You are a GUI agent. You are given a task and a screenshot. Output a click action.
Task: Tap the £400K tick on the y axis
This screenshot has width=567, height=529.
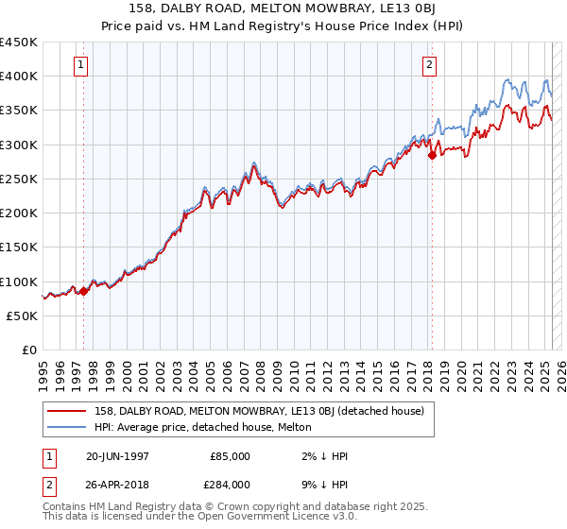tap(19, 76)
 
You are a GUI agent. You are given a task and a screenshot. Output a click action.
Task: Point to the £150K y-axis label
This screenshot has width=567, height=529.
tap(19, 247)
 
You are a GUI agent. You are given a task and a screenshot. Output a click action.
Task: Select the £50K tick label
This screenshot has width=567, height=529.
tap(23, 316)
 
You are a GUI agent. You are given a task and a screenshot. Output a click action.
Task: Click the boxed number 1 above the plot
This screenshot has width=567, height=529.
tap(81, 65)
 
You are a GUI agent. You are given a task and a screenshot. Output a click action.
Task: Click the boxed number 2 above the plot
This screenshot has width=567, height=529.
tap(430, 65)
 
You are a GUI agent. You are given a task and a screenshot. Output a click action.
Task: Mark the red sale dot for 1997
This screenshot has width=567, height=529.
tap(83, 291)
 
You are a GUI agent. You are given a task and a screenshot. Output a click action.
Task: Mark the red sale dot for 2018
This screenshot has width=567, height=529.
tap(432, 156)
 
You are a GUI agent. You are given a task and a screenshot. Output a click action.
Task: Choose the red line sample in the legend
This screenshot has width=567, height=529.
tap(67, 411)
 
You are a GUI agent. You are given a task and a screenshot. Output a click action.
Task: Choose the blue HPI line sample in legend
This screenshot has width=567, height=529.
tap(67, 426)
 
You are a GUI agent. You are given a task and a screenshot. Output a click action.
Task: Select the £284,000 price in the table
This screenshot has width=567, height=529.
tap(230, 484)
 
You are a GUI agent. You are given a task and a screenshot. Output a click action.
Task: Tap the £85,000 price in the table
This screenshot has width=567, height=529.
tap(230, 456)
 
